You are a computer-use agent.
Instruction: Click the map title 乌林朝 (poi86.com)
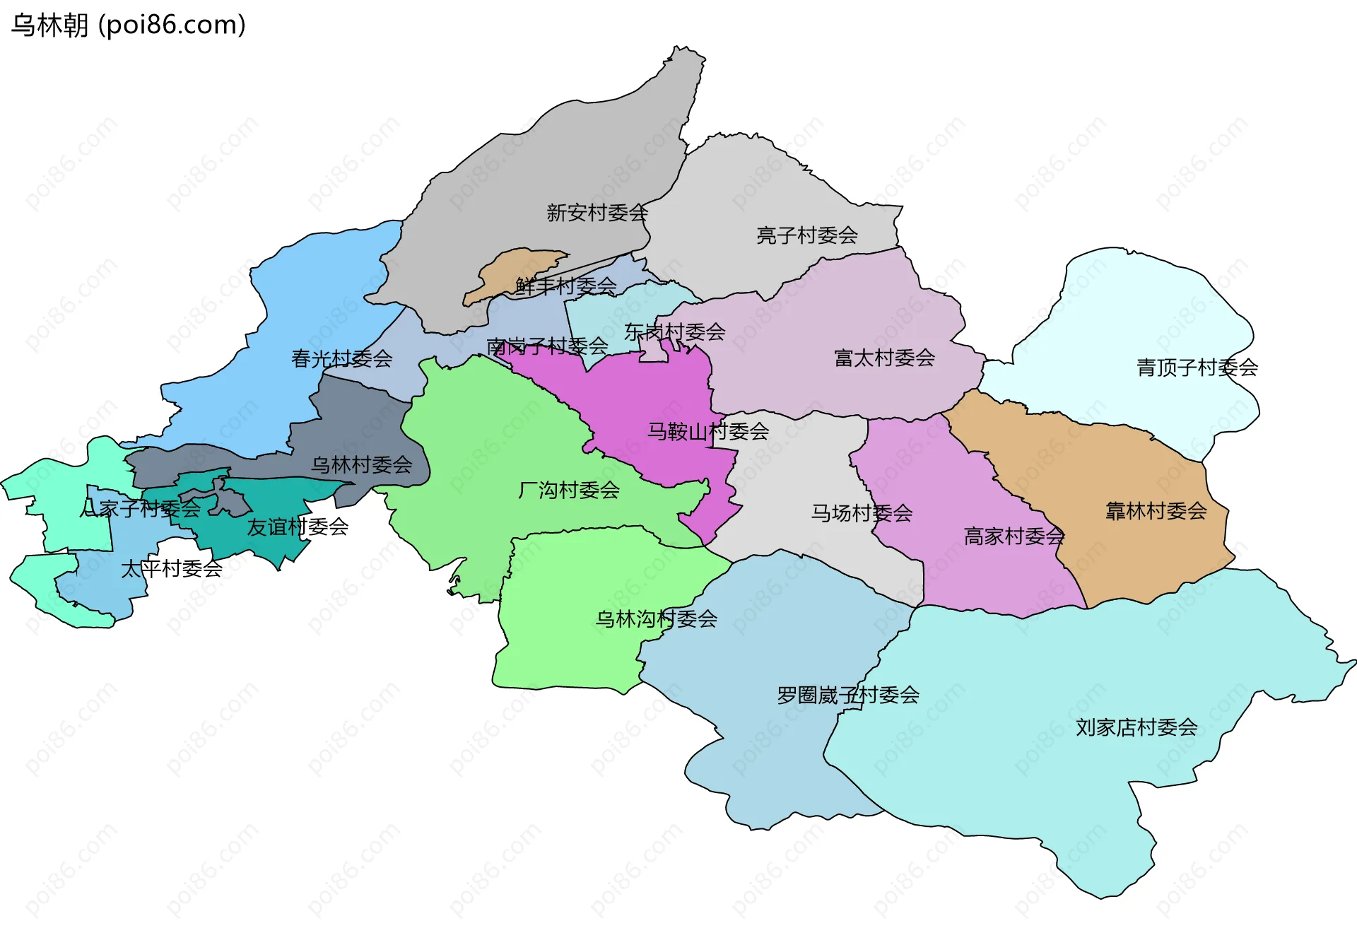point(129,25)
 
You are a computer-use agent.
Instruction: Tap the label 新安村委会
point(597,212)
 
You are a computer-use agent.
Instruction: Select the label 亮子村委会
point(806,235)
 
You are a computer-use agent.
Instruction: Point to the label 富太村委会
point(884,358)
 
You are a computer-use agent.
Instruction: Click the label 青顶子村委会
point(1197,367)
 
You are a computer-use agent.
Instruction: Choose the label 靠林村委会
point(1156,510)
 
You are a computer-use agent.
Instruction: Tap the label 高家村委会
point(1014,536)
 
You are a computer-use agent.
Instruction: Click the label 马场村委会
point(861,512)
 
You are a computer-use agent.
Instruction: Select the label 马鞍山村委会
point(707,430)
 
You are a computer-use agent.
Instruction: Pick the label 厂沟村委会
point(568,489)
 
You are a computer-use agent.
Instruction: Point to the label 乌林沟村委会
point(656,618)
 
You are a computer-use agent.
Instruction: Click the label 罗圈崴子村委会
point(847,695)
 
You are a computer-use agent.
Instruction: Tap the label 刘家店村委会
point(1136,727)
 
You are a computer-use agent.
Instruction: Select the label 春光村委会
point(341,358)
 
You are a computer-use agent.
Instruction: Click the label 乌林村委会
point(361,464)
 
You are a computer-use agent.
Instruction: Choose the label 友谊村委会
point(297,526)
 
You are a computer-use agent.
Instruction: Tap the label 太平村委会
point(171,568)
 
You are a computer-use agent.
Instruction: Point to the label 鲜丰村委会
point(565,286)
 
